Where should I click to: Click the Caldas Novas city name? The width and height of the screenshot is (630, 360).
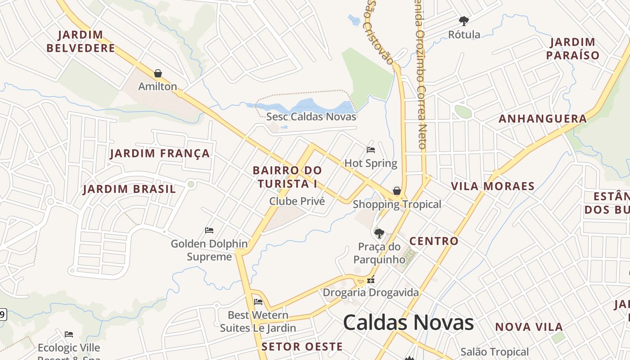tap(408, 323)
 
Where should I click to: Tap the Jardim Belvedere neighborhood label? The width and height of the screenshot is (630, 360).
tap(81, 41)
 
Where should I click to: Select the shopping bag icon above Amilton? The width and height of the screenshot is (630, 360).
tap(158, 73)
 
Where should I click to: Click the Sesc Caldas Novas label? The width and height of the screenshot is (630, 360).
tap(311, 117)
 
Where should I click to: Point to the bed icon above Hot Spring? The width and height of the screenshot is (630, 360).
tap(371, 150)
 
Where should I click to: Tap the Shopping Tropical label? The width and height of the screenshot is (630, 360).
tap(397, 204)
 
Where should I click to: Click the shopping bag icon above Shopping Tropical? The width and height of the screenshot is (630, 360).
tap(396, 191)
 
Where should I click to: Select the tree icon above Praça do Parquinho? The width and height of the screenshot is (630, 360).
tap(379, 233)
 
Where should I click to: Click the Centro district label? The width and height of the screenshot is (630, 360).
tap(434, 241)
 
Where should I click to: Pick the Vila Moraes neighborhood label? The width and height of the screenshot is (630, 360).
tap(493, 186)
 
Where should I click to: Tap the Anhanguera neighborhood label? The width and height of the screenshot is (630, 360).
tap(543, 119)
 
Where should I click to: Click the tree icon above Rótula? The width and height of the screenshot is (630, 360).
tap(463, 21)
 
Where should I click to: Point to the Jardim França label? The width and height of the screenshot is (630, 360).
tap(160, 153)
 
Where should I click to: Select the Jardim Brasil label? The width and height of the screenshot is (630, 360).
tap(129, 189)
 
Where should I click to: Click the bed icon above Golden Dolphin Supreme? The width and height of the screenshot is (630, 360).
tap(209, 230)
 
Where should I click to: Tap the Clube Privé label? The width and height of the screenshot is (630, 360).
tap(297, 201)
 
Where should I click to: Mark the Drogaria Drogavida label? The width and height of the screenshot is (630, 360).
tap(371, 292)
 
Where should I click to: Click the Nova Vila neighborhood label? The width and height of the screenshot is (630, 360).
tap(529, 327)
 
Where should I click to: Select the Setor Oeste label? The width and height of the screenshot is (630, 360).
tap(302, 346)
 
